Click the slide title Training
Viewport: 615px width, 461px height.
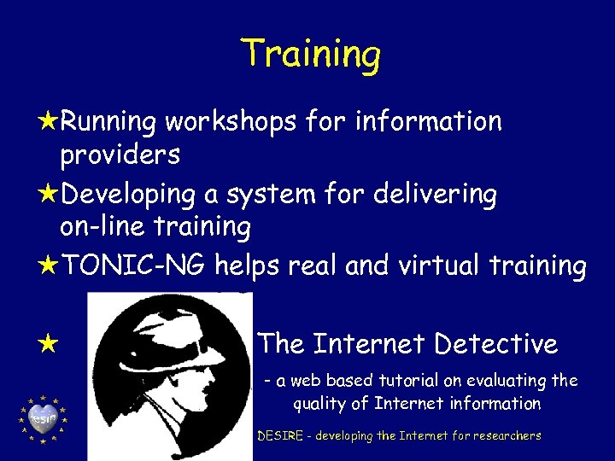pyautogui.click(x=310, y=53)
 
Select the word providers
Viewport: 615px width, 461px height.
pyautogui.click(x=120, y=155)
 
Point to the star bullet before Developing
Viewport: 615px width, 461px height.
pyautogui.click(x=48, y=194)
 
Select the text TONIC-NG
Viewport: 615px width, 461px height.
pyautogui.click(x=132, y=266)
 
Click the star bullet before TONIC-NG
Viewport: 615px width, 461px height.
pyautogui.click(x=48, y=266)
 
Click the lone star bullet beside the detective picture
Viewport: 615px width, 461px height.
pyautogui.click(x=48, y=346)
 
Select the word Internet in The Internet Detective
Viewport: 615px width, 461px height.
pyautogui.click(x=367, y=344)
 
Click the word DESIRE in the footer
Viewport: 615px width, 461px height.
pyautogui.click(x=283, y=435)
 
